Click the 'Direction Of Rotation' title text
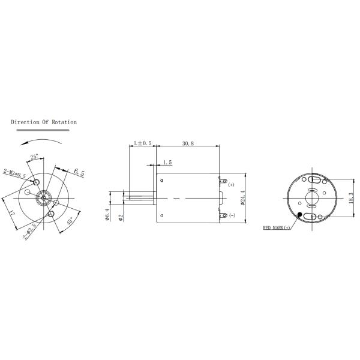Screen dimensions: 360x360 pyautogui.click(x=44, y=122)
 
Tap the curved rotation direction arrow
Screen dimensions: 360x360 pyautogui.click(x=40, y=140)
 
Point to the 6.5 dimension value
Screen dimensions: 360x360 pyautogui.click(x=79, y=173)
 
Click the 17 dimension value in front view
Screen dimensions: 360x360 pyautogui.click(x=13, y=212)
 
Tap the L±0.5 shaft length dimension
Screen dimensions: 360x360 pyautogui.click(x=142, y=144)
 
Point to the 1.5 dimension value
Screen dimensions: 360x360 pyautogui.click(x=167, y=163)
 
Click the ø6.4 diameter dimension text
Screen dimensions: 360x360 pyautogui.click(x=107, y=214)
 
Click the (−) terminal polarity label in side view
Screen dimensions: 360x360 pyautogui.click(x=232, y=215)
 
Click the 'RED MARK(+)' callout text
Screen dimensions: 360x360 pyautogui.click(x=276, y=228)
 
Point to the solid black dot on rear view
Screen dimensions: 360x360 pyautogui.click(x=299, y=214)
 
